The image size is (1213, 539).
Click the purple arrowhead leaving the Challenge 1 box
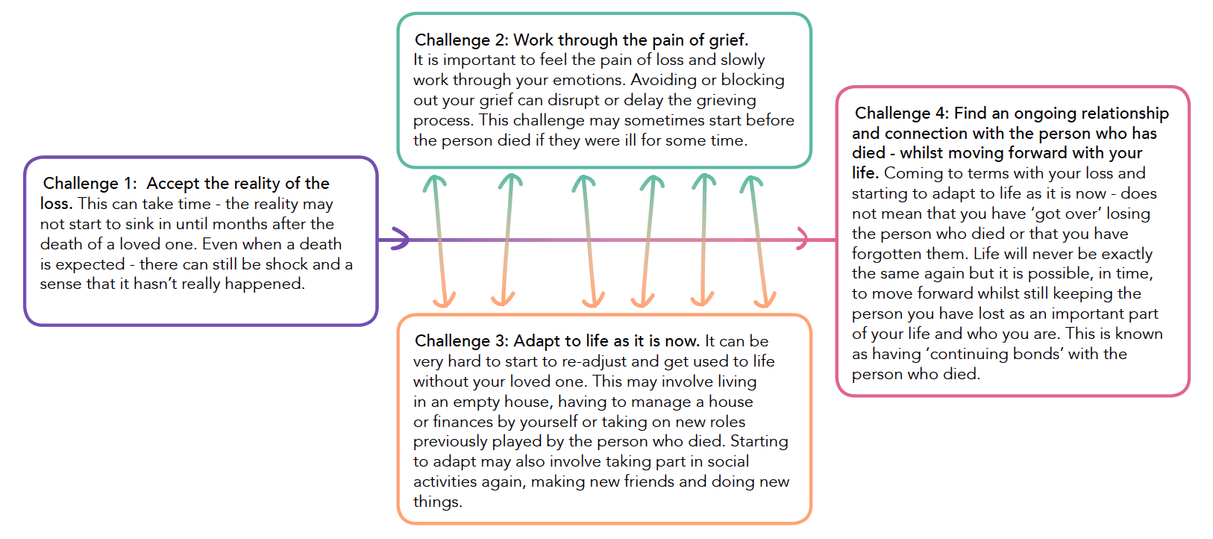400,239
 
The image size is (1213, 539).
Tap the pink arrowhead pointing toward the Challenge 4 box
803,239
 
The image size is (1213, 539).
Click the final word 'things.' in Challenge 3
437,502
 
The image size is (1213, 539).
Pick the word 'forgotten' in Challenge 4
884,254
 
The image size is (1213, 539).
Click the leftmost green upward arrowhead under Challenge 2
434,181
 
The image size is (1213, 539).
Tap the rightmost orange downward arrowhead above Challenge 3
765,300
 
